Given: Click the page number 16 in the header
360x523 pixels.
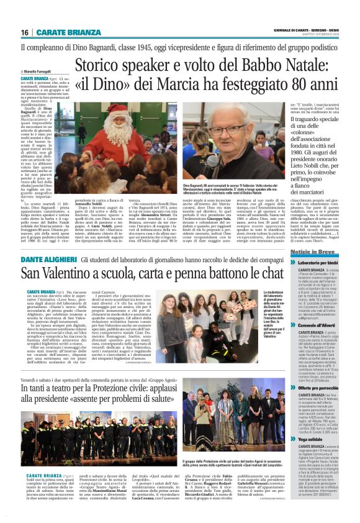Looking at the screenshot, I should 25,32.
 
